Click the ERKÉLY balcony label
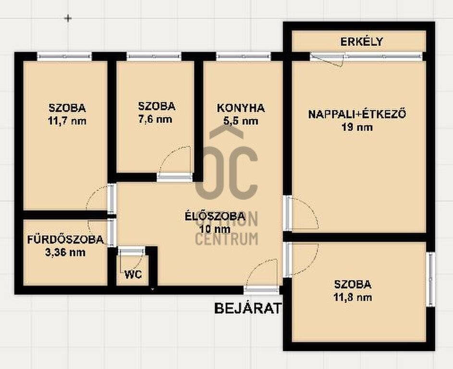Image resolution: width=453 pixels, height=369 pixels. pos(361,42)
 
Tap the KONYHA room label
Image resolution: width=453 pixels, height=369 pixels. pos(241,108)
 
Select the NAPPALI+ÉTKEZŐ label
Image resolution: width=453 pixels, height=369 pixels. pos(357,114)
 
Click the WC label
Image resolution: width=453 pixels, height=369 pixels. pos(133,274)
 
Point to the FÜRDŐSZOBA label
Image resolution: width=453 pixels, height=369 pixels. pos(65,240)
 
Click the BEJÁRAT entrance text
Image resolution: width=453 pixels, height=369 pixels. pos(247,308)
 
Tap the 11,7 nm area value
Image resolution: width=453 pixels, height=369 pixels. pos(67,121)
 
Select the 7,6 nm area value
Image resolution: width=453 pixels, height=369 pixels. pos(155,119)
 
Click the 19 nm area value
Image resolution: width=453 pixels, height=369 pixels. pos(357,127)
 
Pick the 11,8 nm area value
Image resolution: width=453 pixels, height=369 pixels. pos(353,297)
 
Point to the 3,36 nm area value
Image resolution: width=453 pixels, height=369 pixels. pos(65,253)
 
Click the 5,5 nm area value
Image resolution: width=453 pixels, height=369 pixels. pos(241,121)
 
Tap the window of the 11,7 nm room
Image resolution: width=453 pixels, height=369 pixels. pos(64,56)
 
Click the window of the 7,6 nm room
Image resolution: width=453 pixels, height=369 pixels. pos(154,56)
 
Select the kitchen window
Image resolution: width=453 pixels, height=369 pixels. pos(244,56)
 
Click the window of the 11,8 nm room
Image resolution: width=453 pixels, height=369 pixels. pos(430,279)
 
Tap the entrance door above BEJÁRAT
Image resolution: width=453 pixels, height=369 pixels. pos(261,290)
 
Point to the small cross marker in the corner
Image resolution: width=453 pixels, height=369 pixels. pos(68,18)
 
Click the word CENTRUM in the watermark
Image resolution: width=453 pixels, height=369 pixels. pos(227,239)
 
